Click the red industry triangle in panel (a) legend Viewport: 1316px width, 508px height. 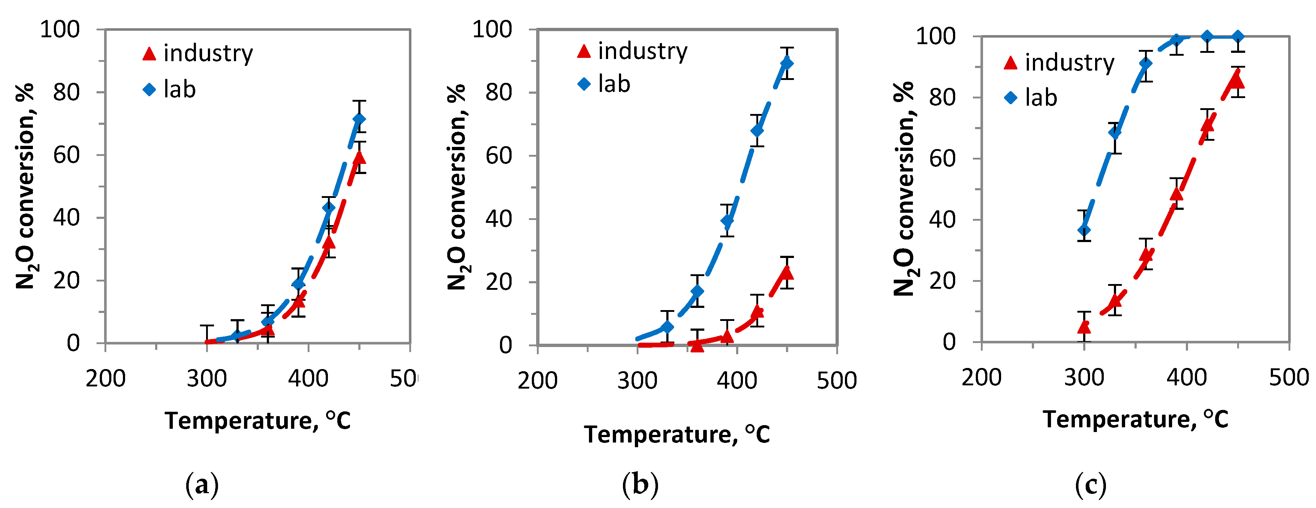click(149, 54)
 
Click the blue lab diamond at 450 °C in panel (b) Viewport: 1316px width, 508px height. click(787, 63)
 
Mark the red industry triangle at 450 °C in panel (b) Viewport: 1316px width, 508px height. click(787, 273)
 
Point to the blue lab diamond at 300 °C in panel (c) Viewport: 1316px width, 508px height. click(1084, 230)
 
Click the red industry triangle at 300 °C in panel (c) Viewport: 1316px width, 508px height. click(1084, 326)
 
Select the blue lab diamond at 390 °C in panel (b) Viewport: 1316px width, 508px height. click(727, 221)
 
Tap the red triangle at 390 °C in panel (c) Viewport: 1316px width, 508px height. click(1176, 194)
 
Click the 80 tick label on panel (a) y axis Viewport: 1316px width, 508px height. click(67, 93)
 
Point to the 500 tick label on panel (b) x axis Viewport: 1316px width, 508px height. click(836, 381)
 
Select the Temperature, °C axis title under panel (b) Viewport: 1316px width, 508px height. click(676, 435)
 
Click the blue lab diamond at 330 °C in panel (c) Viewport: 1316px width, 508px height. click(1115, 133)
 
